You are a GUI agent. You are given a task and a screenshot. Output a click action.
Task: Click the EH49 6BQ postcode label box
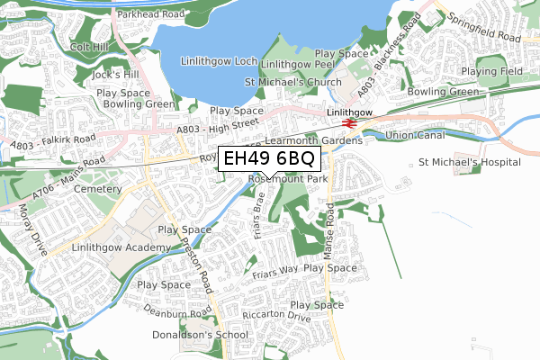point(268,159)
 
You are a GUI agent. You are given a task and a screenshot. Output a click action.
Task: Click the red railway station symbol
point(345,122)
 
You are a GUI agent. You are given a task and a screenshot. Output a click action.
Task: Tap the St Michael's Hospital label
point(469,163)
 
